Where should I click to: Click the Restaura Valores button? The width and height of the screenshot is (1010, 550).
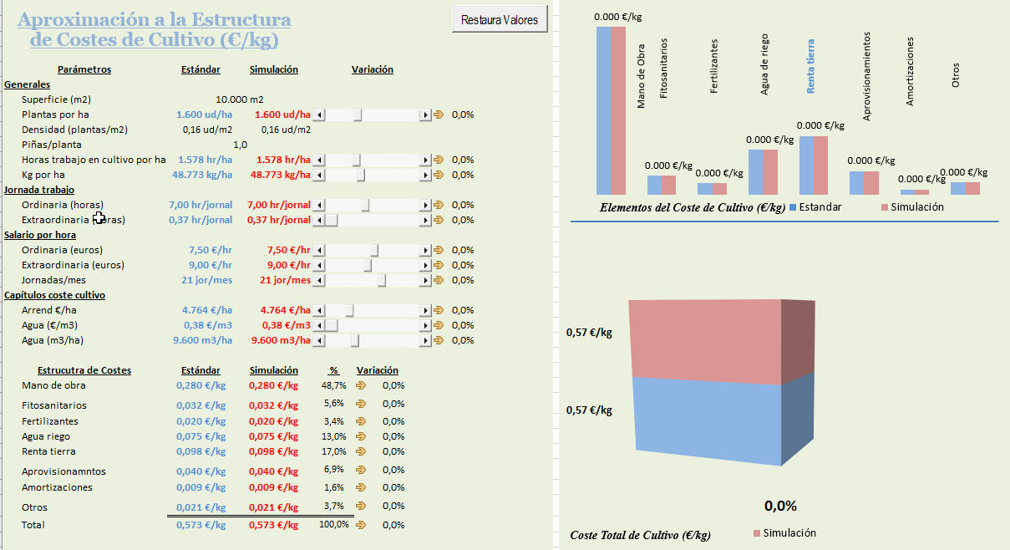[500, 19]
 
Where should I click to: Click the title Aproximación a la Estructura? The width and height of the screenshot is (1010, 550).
[155, 20]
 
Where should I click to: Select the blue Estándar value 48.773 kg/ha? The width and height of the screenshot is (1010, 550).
[201, 175]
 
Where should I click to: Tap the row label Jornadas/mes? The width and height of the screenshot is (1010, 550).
[52, 280]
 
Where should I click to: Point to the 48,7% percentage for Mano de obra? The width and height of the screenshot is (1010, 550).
[333, 385]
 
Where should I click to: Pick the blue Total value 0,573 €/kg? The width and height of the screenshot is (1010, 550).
[201, 525]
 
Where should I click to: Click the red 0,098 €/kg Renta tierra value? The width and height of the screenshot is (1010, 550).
[273, 451]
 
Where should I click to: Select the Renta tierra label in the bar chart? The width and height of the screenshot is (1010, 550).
[810, 64]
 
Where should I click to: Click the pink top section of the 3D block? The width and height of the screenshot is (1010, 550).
[706, 339]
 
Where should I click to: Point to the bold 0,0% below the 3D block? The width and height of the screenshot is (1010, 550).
[780, 506]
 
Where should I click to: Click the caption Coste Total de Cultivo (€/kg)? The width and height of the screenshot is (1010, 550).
[640, 534]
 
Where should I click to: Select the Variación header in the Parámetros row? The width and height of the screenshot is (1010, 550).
[372, 69]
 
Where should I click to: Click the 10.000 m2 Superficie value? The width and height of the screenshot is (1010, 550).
[239, 99]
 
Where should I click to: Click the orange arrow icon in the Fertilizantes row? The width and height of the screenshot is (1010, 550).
[361, 421]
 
